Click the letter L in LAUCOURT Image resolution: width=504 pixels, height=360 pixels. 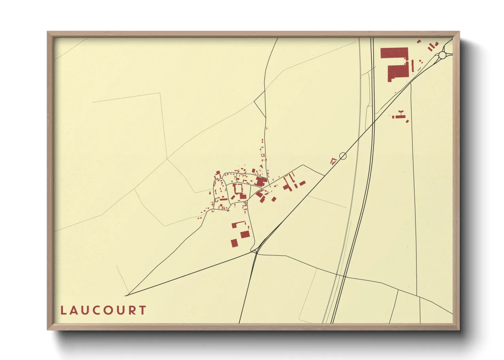click(x=63, y=310)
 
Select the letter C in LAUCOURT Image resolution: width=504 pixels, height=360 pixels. click(x=96, y=310)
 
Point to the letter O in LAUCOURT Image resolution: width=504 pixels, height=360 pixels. click(x=107, y=310)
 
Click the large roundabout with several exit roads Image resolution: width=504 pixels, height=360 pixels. click(x=442, y=55)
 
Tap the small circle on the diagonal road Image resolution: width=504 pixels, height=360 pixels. click(x=343, y=156)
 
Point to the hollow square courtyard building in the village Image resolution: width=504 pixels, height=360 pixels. click(x=238, y=189)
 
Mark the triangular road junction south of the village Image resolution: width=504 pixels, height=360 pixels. click(x=254, y=251)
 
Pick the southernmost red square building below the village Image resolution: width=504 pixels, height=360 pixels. click(x=234, y=243)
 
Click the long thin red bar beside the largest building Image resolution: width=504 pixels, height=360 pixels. click(x=413, y=66)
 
